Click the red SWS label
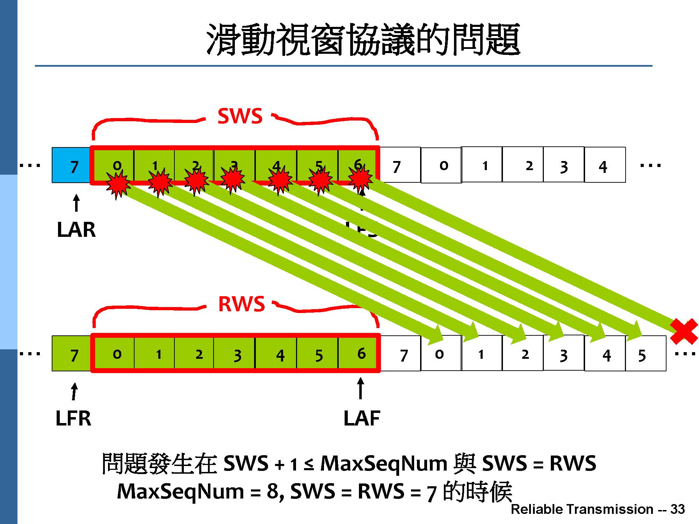240,116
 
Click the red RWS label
242,304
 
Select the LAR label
76,230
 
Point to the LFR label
73,418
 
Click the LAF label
362,418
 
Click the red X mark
684,331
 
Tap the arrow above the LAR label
76,203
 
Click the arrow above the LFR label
74,391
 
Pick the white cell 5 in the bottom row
645,354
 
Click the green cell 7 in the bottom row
72,354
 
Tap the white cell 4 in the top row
605,165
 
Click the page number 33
677,509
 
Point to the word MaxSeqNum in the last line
180,492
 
